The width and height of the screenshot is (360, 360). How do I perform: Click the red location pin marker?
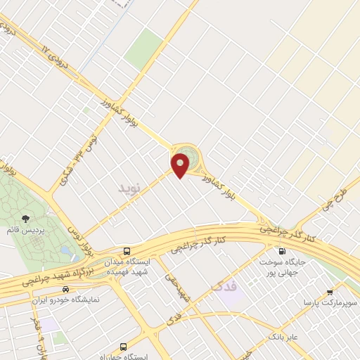point(181,165)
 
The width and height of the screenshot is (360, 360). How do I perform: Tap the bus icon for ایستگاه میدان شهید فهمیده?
point(127,251)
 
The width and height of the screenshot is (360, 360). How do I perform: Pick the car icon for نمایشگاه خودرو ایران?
point(65,289)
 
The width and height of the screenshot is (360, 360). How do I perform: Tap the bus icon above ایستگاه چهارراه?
point(124,347)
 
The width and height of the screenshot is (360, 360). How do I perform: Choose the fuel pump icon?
point(282,251)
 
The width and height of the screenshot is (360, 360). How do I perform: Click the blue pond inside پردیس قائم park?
point(65,250)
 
